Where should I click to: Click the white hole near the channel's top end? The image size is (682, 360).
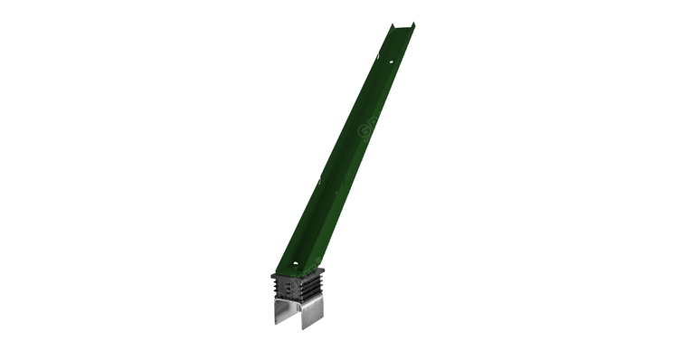pos(392,62)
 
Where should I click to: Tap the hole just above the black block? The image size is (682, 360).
pos(295,265)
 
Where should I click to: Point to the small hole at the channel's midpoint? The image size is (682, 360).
pos(343,164)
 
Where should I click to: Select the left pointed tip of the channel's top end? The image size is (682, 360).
pos(390,25)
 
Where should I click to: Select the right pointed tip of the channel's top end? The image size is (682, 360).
pos(414,24)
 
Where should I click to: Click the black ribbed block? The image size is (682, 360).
pos(298,286)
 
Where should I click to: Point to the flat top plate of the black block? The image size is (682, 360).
pos(298,272)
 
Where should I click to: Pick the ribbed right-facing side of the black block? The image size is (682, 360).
pos(313,287)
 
